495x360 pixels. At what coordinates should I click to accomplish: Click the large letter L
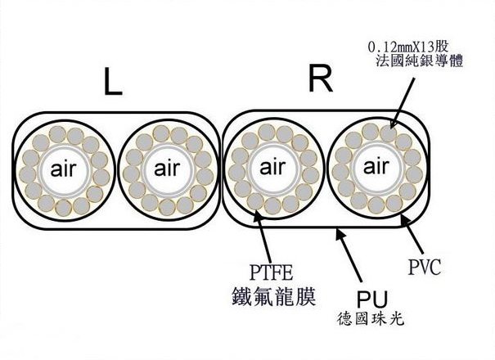pyautogui.click(x=113, y=83)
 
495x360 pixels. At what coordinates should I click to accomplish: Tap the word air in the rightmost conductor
pyautogui.click(x=376, y=168)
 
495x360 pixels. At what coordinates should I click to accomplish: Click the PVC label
pyautogui.click(x=426, y=265)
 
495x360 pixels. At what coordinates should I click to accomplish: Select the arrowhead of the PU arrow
pyautogui.click(x=338, y=235)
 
